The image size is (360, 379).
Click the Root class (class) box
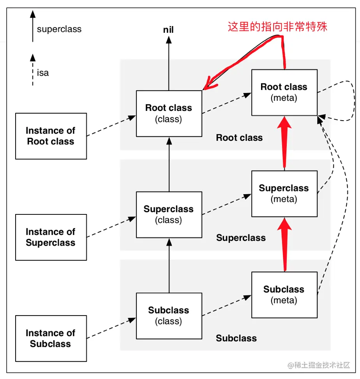click(x=169, y=113)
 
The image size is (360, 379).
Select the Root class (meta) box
click(x=284, y=92)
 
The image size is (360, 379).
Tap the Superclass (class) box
click(x=169, y=214)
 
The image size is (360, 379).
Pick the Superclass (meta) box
click(x=284, y=193)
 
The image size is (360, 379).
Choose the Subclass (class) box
click(x=169, y=316)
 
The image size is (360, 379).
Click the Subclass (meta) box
click(x=284, y=295)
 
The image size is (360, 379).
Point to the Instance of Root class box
click(x=51, y=136)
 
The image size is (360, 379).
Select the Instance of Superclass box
click(x=51, y=237)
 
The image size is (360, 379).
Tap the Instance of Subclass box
click(x=51, y=338)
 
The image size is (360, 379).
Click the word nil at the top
click(x=168, y=30)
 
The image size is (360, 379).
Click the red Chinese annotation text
click(x=277, y=26)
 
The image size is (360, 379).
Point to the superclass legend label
click(x=59, y=29)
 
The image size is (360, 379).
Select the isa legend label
click(x=43, y=73)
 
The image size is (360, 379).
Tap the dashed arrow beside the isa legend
click(x=33, y=70)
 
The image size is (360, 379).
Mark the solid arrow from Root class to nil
click(x=169, y=62)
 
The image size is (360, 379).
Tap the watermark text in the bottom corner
click(x=319, y=365)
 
